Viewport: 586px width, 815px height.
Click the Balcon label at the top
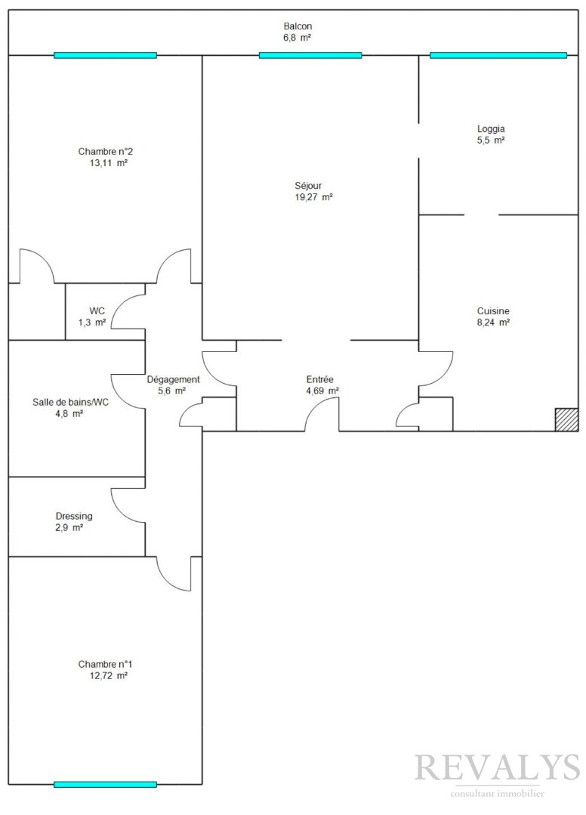(298, 26)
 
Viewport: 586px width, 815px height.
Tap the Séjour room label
(308, 186)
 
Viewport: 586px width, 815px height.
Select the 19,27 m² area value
(313, 197)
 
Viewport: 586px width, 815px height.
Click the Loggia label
(491, 129)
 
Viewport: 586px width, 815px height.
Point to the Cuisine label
(493, 311)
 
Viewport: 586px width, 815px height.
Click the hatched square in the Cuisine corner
(566, 419)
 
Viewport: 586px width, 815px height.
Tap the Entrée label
(319, 379)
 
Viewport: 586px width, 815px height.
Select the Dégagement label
(173, 379)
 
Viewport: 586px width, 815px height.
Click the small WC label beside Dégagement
(97, 311)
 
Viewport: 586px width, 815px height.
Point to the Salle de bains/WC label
(71, 402)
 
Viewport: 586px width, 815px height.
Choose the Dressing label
(74, 516)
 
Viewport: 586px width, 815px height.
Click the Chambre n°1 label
(106, 664)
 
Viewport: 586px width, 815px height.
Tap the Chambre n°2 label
(106, 152)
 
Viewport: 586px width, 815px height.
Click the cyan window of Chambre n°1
(105, 784)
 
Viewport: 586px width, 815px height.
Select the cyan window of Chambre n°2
(105, 55)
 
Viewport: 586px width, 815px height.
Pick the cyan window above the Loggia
(498, 55)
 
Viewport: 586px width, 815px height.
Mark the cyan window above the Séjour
(310, 55)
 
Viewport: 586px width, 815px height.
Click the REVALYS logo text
(497, 767)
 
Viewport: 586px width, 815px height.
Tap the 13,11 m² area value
(109, 163)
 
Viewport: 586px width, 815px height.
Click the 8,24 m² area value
(493, 323)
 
